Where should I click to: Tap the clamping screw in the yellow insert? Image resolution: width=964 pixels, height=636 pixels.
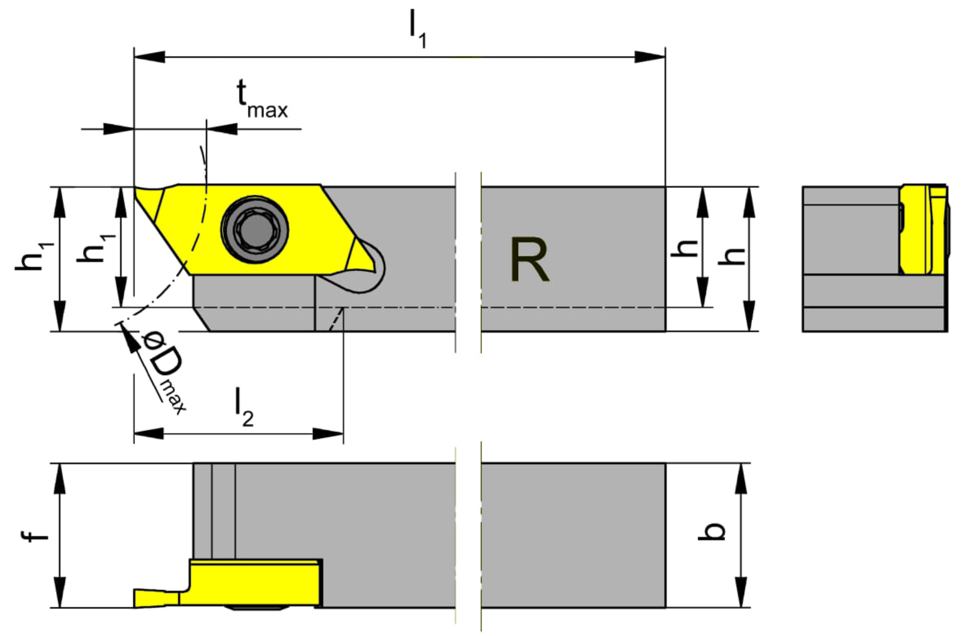(x=255, y=229)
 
